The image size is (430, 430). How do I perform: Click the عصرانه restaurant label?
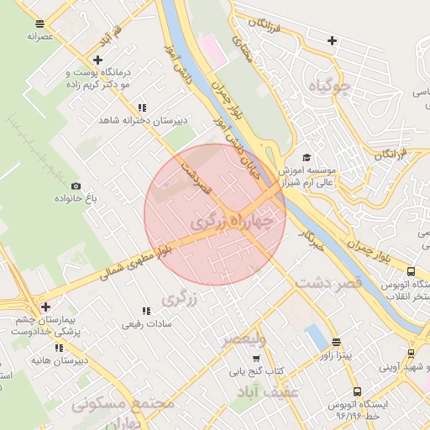point(40,36)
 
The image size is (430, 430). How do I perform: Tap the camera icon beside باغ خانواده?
point(76,186)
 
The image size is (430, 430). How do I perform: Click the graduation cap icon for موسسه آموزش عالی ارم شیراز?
point(307,157)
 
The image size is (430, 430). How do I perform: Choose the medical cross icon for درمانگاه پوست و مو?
point(99,60)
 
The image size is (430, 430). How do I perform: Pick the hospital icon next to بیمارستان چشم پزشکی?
point(45,307)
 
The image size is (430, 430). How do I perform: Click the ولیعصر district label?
point(244,339)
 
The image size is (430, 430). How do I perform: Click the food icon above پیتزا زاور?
point(337,342)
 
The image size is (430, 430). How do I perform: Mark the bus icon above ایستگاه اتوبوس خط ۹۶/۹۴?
point(357,391)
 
